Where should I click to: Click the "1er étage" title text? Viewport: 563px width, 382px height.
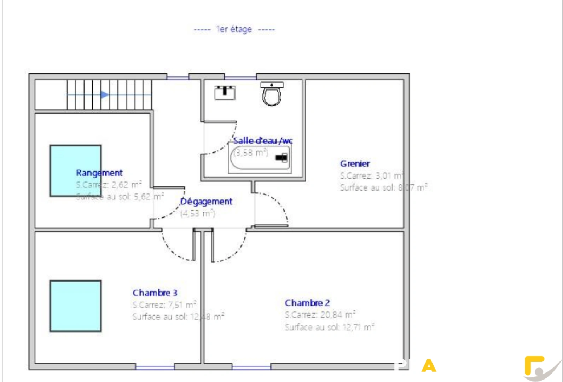click(x=234, y=29)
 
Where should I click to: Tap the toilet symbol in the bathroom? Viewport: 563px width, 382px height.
click(x=272, y=94)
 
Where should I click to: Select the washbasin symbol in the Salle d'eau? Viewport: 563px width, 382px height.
click(x=225, y=93)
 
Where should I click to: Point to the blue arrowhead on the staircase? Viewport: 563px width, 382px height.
click(x=104, y=94)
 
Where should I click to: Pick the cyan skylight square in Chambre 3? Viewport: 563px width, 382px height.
click(x=76, y=306)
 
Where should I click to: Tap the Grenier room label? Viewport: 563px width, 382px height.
click(x=355, y=164)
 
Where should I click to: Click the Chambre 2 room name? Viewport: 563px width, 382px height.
click(x=307, y=303)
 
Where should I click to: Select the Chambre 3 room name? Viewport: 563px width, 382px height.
click(x=155, y=293)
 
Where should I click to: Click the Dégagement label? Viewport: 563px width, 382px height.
click(x=206, y=202)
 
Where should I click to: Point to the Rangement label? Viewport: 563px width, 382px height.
click(x=99, y=173)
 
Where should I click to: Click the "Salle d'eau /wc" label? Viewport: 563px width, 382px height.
click(x=263, y=141)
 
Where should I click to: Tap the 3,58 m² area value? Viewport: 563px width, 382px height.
click(x=251, y=153)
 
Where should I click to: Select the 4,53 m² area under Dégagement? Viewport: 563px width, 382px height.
click(x=198, y=213)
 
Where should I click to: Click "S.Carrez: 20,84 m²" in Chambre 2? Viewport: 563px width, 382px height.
click(x=320, y=315)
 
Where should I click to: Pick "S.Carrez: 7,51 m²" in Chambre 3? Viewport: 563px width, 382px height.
click(x=164, y=305)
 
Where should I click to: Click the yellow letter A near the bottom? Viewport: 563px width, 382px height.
click(x=429, y=366)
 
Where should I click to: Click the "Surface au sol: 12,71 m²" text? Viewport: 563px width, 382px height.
click(x=329, y=327)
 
